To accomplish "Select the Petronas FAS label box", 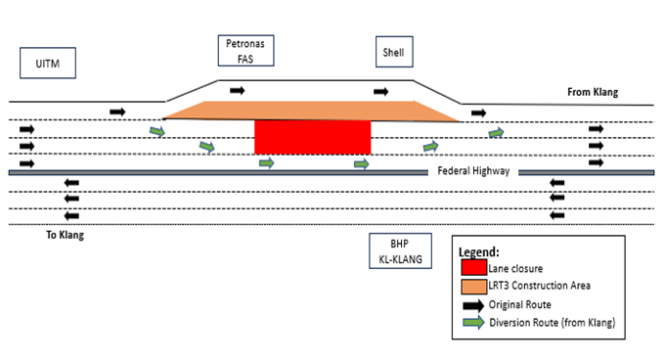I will coord(245,51).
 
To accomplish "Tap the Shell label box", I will coord(393,52).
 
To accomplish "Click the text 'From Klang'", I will coord(593,93).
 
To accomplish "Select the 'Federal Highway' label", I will coord(473,170).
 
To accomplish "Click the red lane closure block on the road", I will coord(312,137).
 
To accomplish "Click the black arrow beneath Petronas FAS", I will coord(238,91).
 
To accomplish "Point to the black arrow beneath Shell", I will coord(381,91).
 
